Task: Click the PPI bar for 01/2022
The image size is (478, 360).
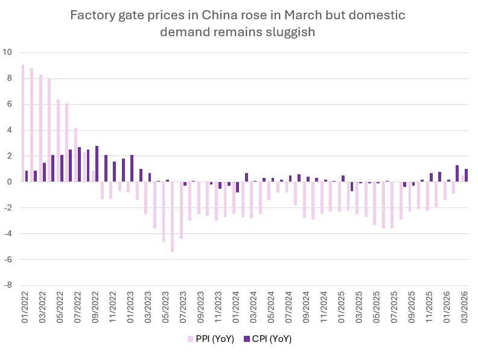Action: [x=23, y=123]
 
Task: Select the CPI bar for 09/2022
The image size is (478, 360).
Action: [x=97, y=163]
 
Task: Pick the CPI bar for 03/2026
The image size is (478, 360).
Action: [x=467, y=175]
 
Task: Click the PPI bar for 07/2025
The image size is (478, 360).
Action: [x=392, y=205]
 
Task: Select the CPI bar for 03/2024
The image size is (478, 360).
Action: [x=246, y=177]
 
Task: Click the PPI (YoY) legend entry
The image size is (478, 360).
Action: [x=209, y=339]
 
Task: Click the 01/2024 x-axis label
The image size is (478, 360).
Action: [x=235, y=309]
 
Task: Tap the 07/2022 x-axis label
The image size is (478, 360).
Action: [x=77, y=309]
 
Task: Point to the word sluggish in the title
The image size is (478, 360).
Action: [x=293, y=32]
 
